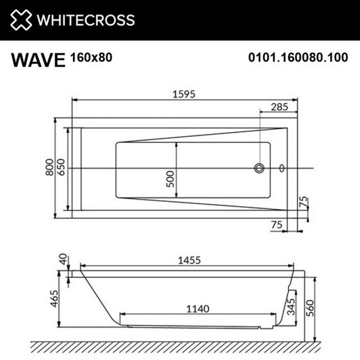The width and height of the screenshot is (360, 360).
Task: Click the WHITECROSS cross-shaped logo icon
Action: pyautogui.click(x=21, y=20)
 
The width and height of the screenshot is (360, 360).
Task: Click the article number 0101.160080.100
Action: pyautogui.click(x=298, y=58)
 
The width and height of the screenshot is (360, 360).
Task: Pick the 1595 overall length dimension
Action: pyautogui.click(x=184, y=94)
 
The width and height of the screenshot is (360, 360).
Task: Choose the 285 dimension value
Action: pyautogui.click(x=279, y=107)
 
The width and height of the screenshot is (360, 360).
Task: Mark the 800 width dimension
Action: pyautogui.click(x=49, y=168)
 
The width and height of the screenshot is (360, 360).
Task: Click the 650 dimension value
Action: pyautogui.click(x=61, y=168)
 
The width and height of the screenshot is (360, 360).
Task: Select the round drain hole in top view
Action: pyautogui.click(x=260, y=168)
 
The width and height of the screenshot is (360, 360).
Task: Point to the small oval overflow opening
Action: pyautogui.click(x=281, y=168)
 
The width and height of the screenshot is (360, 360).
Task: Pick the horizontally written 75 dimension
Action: pyautogui.click(x=278, y=225)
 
